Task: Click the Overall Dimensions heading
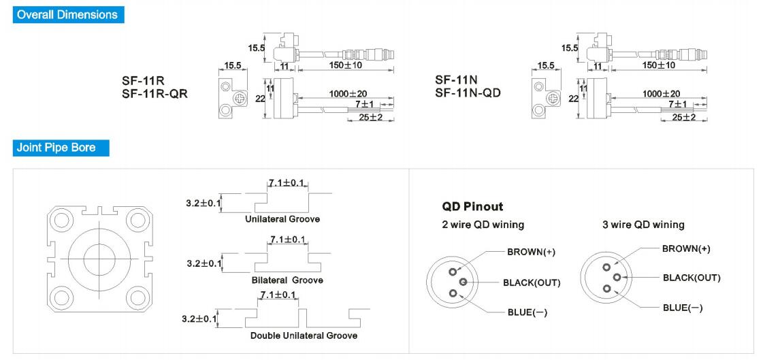[67, 14]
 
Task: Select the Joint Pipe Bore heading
[56, 147]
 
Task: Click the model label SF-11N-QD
[468, 93]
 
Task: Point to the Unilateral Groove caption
[282, 219]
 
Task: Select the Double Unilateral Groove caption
[304, 336]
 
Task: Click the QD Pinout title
[472, 206]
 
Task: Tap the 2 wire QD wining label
[483, 225]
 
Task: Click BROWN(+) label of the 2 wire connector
[531, 252]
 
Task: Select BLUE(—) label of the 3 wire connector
[683, 308]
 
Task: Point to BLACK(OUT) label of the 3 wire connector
[692, 278]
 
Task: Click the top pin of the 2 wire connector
[453, 270]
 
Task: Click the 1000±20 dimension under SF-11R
[348, 93]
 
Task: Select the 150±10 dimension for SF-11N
[658, 65]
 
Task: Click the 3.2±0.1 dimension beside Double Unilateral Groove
[199, 318]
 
